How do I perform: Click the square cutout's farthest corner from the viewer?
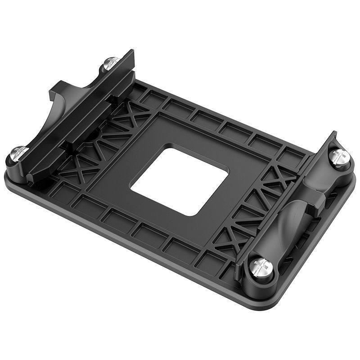(x=167, y=145)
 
